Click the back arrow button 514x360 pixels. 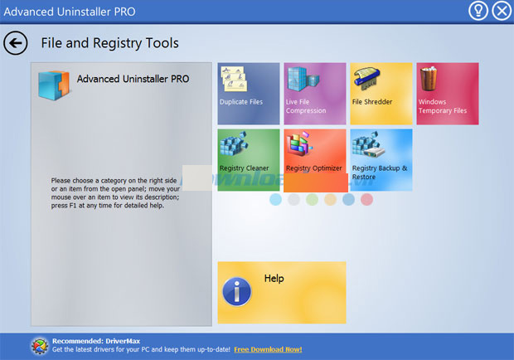click(16, 43)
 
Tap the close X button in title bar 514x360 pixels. click(502, 11)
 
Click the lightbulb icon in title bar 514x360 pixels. click(478, 11)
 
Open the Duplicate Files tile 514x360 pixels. click(249, 94)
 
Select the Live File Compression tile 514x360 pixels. click(315, 94)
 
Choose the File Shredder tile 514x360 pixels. click(381, 94)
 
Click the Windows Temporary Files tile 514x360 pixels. click(448, 94)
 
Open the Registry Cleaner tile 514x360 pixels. click(249, 160)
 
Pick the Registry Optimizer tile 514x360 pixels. click(315, 160)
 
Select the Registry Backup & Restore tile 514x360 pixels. click(381, 160)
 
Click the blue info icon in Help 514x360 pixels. click(236, 291)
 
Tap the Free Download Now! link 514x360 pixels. click(268, 349)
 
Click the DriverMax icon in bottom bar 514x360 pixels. click(40, 346)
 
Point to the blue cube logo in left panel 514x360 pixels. click(54, 85)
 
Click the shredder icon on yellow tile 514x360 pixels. click(367, 78)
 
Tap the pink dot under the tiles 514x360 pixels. click(366, 199)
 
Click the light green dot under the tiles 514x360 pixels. click(312, 199)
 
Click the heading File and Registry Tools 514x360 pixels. click(109, 43)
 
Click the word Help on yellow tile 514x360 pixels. click(274, 279)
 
